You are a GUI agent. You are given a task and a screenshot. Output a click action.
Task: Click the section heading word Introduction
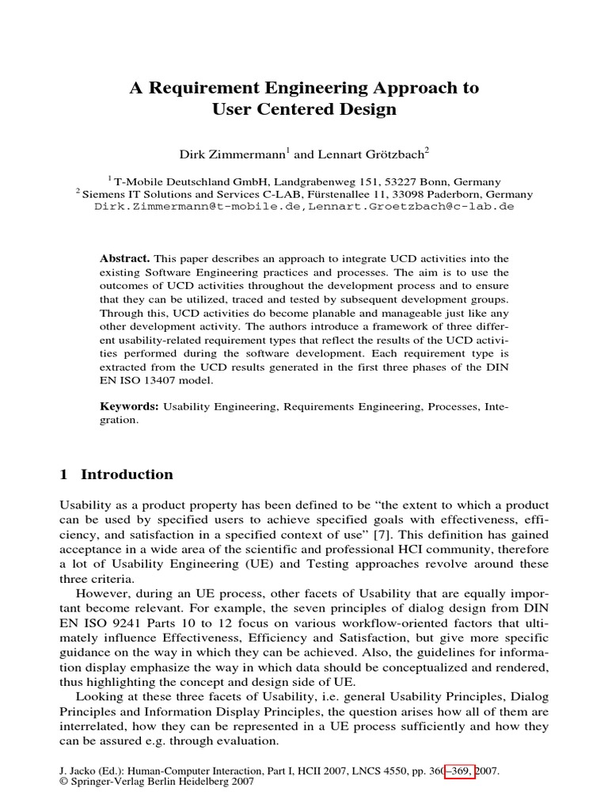tap(127, 475)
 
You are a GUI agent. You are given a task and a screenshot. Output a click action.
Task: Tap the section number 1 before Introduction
tap(64, 475)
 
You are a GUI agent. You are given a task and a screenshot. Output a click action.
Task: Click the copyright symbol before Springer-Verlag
tap(65, 782)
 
